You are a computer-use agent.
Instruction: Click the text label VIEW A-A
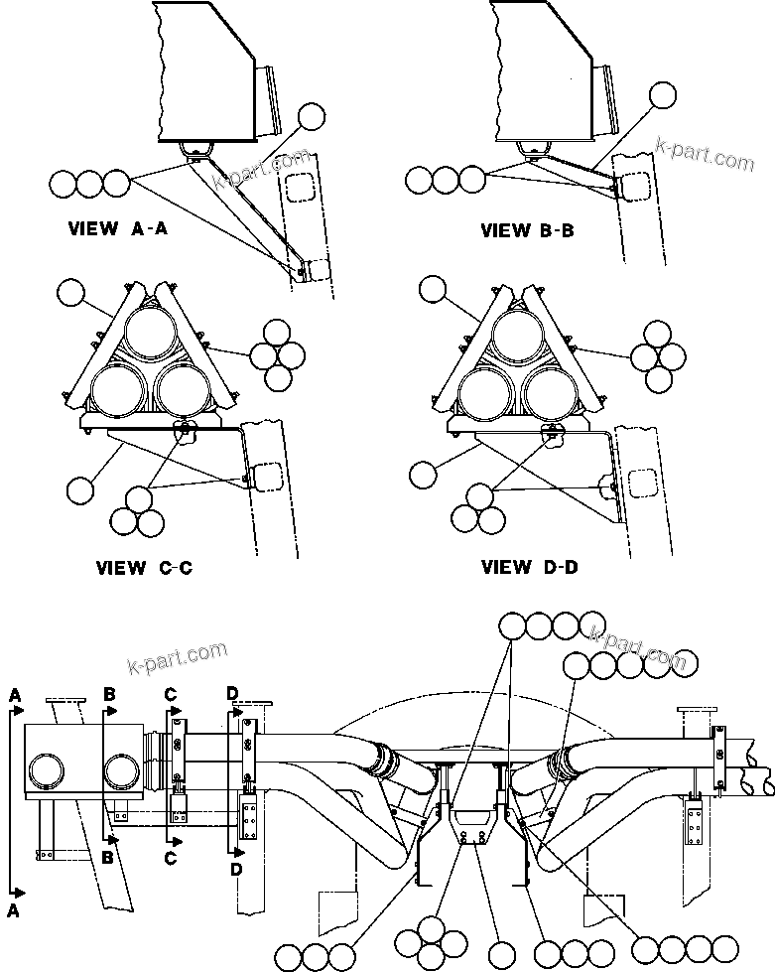click(118, 229)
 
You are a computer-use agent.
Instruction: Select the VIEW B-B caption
click(528, 230)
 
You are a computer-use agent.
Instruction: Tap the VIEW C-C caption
click(144, 569)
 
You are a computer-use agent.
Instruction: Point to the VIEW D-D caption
click(529, 568)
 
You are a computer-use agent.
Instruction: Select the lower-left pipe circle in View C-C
click(117, 387)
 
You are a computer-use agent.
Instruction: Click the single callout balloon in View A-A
click(311, 116)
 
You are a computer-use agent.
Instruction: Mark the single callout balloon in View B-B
click(663, 95)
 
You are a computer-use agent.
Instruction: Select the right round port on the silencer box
click(120, 770)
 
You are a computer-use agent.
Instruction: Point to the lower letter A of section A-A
click(14, 909)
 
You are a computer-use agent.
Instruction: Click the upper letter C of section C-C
click(172, 691)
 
